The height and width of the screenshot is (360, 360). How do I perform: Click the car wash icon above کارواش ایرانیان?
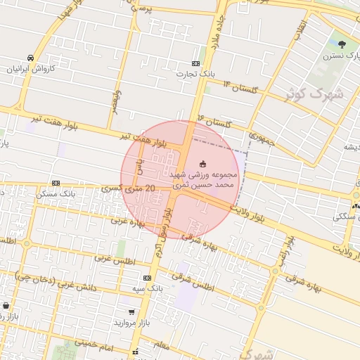[30, 58]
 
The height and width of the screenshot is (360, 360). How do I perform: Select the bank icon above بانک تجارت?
[195, 63]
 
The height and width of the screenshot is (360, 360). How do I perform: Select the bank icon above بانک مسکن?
[56, 183]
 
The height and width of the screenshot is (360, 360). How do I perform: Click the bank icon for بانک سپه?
[147, 278]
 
